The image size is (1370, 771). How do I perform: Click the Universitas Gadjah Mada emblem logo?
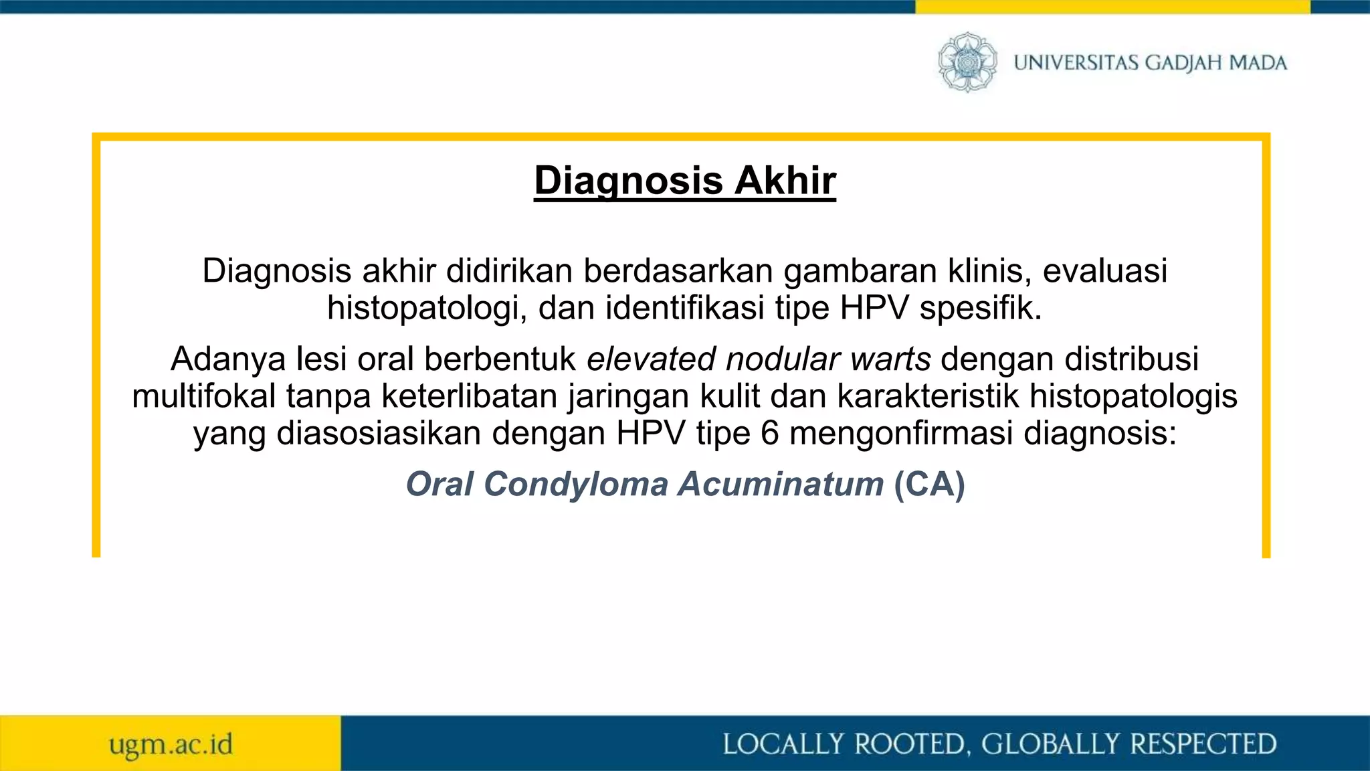pyautogui.click(x=967, y=62)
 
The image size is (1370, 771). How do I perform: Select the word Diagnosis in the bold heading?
pyautogui.click(x=628, y=181)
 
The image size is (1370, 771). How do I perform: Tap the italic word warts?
pyautogui.click(x=890, y=359)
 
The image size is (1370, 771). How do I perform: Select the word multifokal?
pyautogui.click(x=204, y=396)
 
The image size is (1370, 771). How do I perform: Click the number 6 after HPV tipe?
pyautogui.click(x=769, y=434)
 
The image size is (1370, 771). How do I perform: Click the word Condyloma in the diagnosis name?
pyautogui.click(x=575, y=484)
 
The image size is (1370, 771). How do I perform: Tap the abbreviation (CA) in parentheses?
pyautogui.click(x=929, y=484)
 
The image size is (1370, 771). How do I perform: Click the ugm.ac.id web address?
pyautogui.click(x=171, y=744)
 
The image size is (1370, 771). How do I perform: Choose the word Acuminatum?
pyautogui.click(x=781, y=484)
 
